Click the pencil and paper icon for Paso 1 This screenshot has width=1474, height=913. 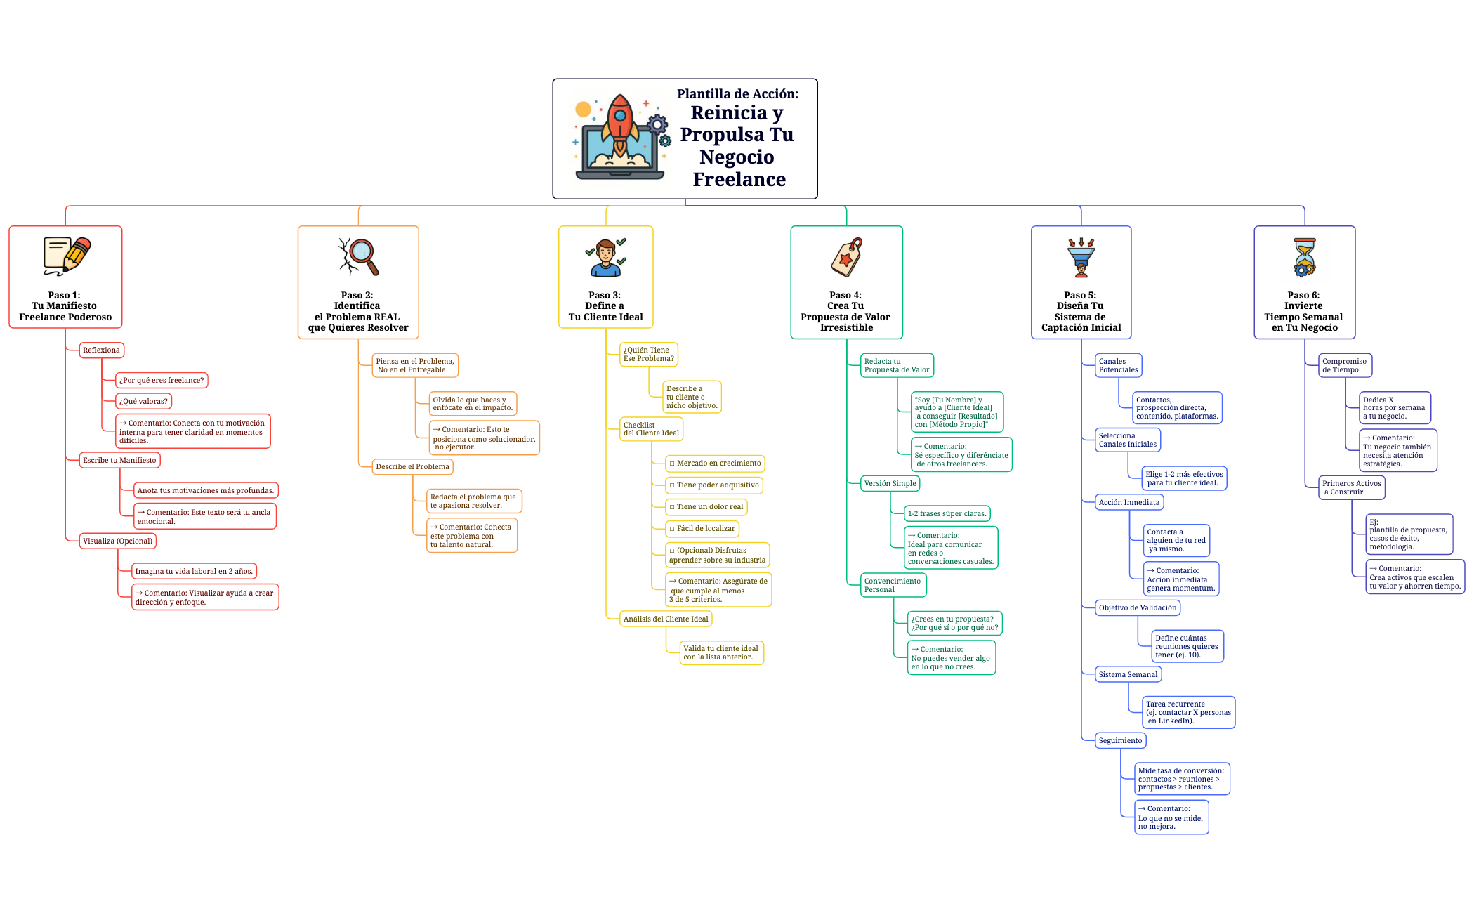tap(67, 255)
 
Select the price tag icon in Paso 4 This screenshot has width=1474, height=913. tap(846, 257)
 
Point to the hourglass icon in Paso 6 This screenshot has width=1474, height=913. tap(1305, 257)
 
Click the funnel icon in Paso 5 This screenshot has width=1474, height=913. tap(1081, 257)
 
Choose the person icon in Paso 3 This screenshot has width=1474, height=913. tap(605, 257)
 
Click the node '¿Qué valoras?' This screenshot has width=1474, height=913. tap(143, 401)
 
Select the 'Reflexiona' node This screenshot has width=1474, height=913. tap(101, 350)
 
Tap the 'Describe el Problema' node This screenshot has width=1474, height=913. tap(412, 466)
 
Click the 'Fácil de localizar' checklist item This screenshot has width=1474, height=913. tap(702, 528)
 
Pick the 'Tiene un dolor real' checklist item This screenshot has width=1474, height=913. tap(706, 506)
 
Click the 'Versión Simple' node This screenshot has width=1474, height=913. tap(890, 483)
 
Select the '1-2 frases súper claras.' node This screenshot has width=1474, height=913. tap(947, 513)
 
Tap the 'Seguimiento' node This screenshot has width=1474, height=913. tap(1120, 740)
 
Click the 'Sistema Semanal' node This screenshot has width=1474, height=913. tap(1128, 674)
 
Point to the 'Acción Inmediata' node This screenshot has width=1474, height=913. tap(1129, 502)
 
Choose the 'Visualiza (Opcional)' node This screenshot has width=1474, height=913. tap(117, 541)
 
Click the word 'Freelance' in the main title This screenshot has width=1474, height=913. tap(739, 180)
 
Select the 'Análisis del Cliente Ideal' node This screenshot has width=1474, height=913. tap(666, 619)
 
